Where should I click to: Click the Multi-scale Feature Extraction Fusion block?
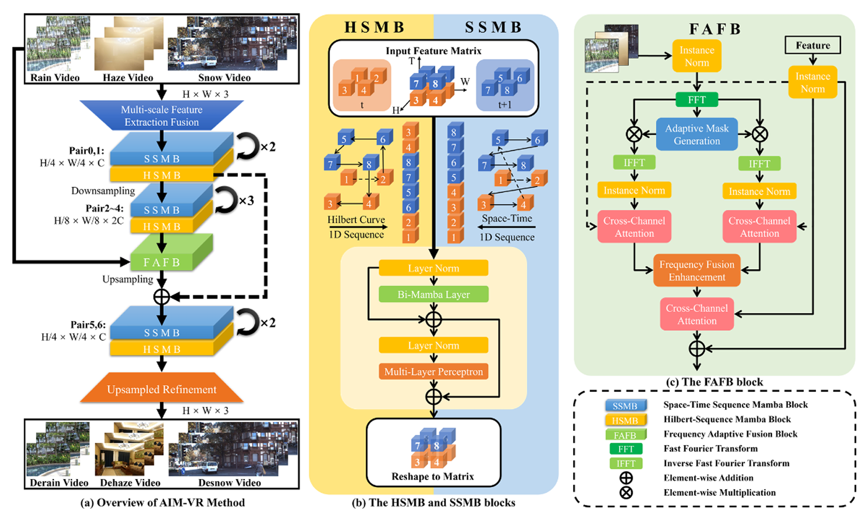[x=162, y=116]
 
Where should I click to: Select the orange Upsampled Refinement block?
[x=162, y=390]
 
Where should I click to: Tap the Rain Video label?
[x=55, y=77]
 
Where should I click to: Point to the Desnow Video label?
[x=229, y=483]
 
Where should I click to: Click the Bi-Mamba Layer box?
[x=433, y=295]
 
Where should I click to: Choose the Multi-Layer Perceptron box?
[x=433, y=372]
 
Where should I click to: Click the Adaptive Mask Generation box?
[x=696, y=135]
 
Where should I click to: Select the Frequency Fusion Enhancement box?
[x=696, y=271]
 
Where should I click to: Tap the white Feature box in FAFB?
[x=813, y=46]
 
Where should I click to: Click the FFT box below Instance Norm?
[x=696, y=100]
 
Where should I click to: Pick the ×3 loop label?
[x=246, y=201]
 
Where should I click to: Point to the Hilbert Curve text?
[x=356, y=219]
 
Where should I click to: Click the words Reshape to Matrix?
[x=433, y=477]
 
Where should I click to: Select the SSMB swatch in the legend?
[x=625, y=406]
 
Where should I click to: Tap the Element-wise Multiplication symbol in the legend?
[x=626, y=493]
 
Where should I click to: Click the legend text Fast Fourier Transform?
[x=710, y=448]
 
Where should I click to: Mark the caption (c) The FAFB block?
[x=714, y=382]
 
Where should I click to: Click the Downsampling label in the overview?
[x=103, y=191]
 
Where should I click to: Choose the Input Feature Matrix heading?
[x=433, y=51]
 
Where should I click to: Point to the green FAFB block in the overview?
[x=162, y=262]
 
